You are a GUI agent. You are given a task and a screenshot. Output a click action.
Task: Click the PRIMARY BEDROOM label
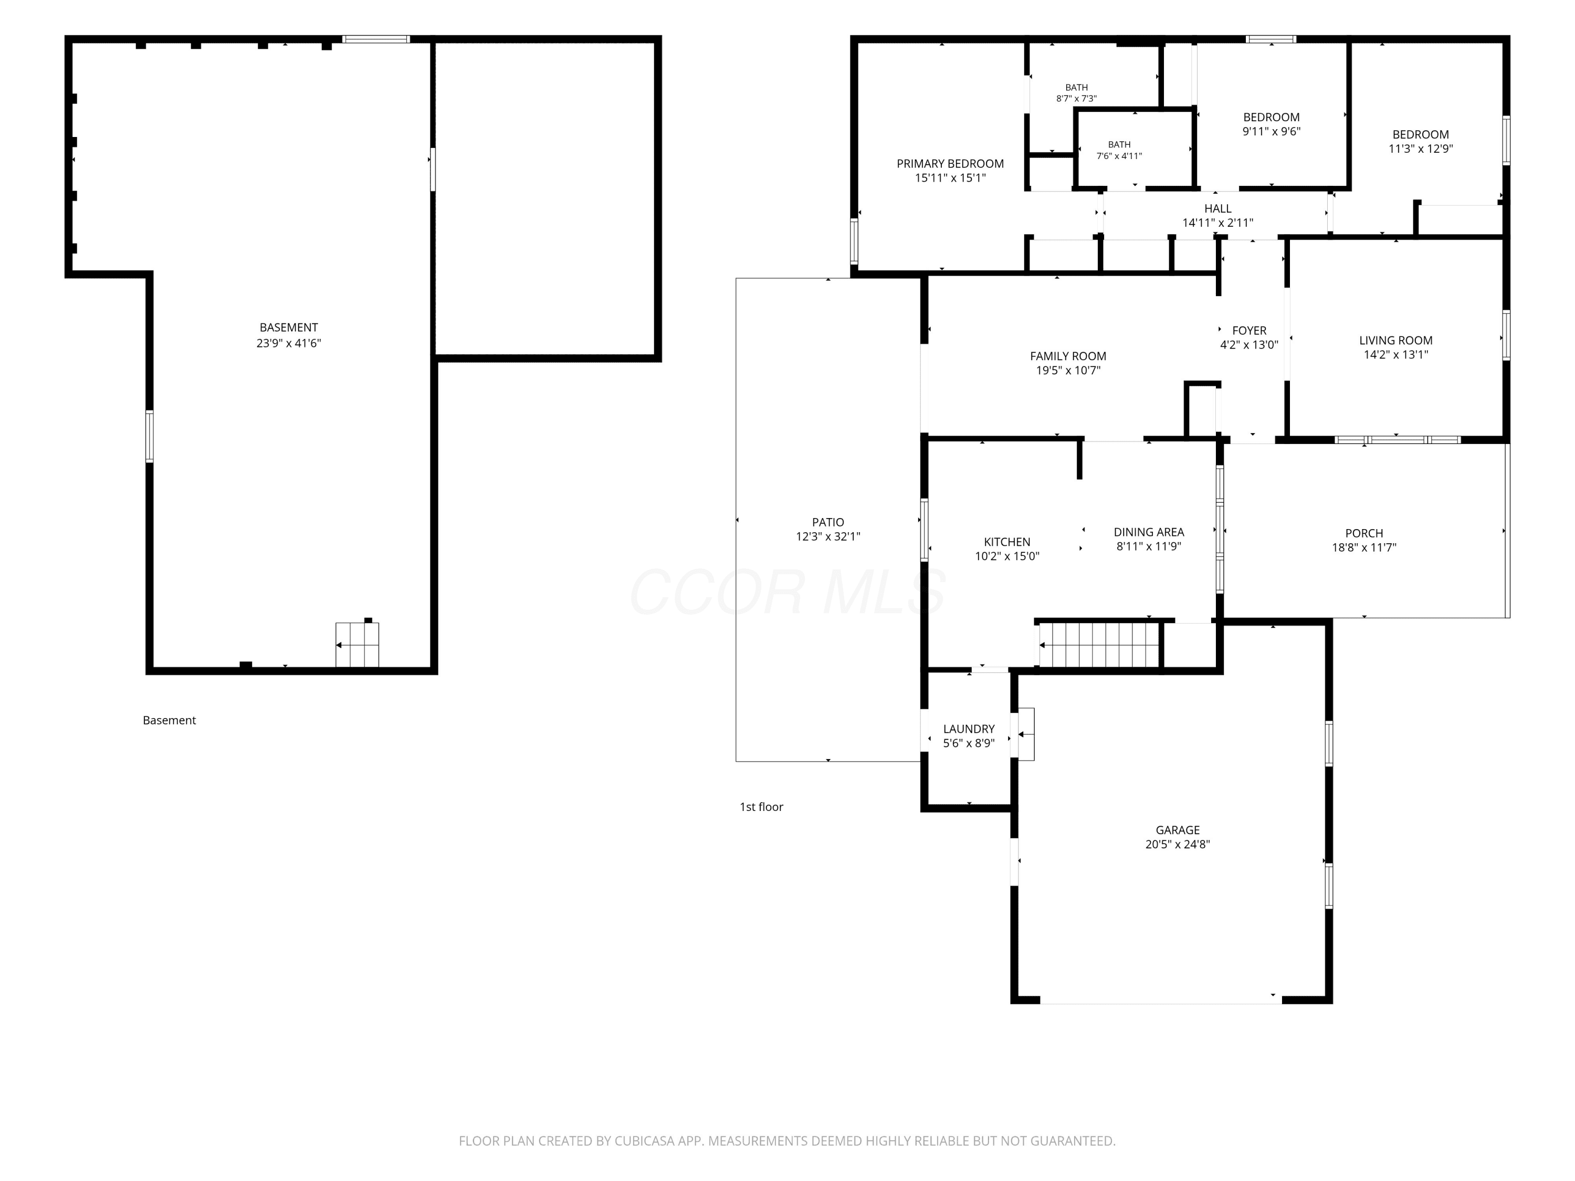coord(950,164)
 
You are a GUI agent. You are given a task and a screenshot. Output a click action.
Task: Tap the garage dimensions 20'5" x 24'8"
coord(1178,844)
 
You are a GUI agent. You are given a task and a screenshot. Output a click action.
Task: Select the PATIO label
coord(828,522)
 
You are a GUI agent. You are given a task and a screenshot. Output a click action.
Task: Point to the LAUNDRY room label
coord(969,729)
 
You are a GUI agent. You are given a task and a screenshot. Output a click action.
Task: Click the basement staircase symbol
coord(358,645)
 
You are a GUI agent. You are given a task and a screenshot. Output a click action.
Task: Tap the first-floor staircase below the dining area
coord(1099,645)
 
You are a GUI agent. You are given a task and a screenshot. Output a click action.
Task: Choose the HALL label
coord(1217,208)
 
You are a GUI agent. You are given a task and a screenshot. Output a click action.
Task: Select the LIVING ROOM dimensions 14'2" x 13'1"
coord(1395,354)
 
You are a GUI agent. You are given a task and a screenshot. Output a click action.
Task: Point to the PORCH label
coord(1364,533)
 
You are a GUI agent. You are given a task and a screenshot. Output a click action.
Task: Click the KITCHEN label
coord(1007,542)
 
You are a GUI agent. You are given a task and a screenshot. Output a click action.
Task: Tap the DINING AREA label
coord(1149,532)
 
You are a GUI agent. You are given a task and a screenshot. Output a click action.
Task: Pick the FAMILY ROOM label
coord(1068,356)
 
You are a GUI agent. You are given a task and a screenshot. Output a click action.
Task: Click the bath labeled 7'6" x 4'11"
coord(1119,150)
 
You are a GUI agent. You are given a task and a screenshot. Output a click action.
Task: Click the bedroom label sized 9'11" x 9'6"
coord(1272,124)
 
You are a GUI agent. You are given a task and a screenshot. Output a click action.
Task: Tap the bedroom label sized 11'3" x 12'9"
coord(1421,142)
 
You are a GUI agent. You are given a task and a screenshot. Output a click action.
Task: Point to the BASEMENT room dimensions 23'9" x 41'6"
coord(289,343)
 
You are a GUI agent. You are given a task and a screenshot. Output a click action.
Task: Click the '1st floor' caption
coord(761,807)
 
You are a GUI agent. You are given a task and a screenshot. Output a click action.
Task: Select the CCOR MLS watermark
coord(787,592)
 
